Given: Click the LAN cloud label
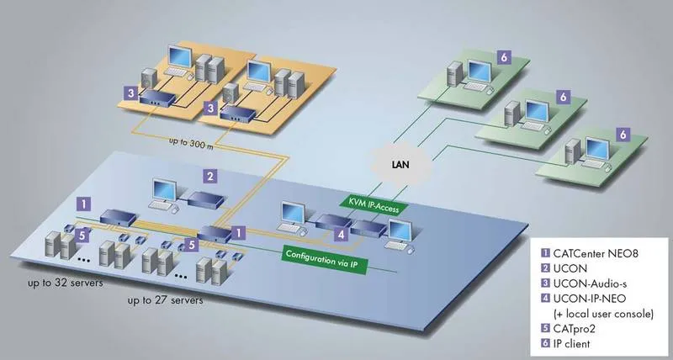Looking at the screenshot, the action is click(x=400, y=164).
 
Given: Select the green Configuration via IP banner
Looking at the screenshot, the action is click(x=325, y=259).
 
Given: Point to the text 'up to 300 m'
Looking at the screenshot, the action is click(x=191, y=142).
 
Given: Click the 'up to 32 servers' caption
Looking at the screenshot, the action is click(x=66, y=283).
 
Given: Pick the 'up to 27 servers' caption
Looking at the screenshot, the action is click(x=165, y=300).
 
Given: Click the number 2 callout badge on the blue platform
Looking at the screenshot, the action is click(x=209, y=176).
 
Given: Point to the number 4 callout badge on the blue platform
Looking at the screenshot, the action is click(x=341, y=235).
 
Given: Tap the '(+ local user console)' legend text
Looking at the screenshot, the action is click(x=603, y=314).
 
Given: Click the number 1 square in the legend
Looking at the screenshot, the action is click(x=545, y=253).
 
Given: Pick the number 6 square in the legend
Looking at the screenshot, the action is click(x=545, y=344).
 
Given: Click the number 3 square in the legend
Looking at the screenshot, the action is click(x=545, y=283).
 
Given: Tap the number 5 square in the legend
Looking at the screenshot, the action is click(x=545, y=329).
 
